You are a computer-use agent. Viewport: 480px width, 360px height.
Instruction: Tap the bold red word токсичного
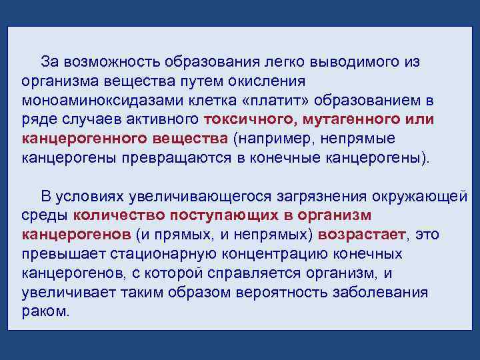click(252, 120)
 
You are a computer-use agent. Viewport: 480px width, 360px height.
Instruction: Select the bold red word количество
click(119, 216)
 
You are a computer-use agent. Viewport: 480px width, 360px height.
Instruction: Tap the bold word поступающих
click(224, 216)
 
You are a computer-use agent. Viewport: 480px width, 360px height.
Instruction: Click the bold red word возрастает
click(361, 235)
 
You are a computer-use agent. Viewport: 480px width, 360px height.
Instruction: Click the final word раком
click(44, 312)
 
